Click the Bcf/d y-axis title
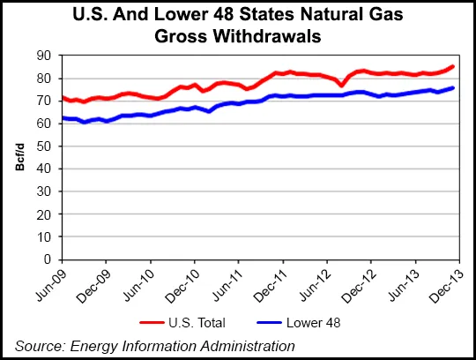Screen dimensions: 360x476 pos(20,160)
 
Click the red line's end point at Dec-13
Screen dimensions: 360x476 pos(454,66)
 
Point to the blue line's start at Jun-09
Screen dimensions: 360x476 pos(62,117)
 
